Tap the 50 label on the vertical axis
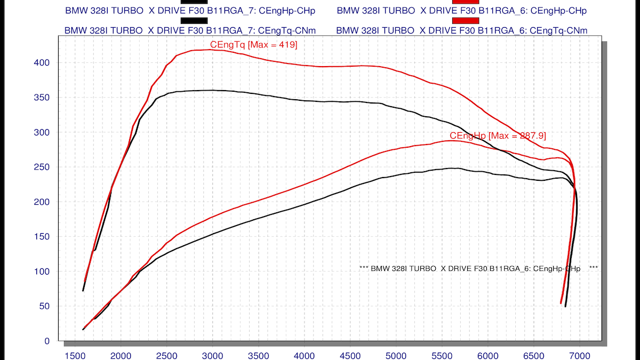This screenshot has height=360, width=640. coord(44,306)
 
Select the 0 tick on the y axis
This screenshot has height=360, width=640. coord(47,341)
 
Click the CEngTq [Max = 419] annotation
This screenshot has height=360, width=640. coord(254,45)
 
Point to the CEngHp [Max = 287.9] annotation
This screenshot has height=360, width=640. coord(498,135)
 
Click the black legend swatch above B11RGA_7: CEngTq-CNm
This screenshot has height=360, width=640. coord(194,20)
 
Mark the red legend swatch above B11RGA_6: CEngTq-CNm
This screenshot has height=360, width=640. coord(466,20)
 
